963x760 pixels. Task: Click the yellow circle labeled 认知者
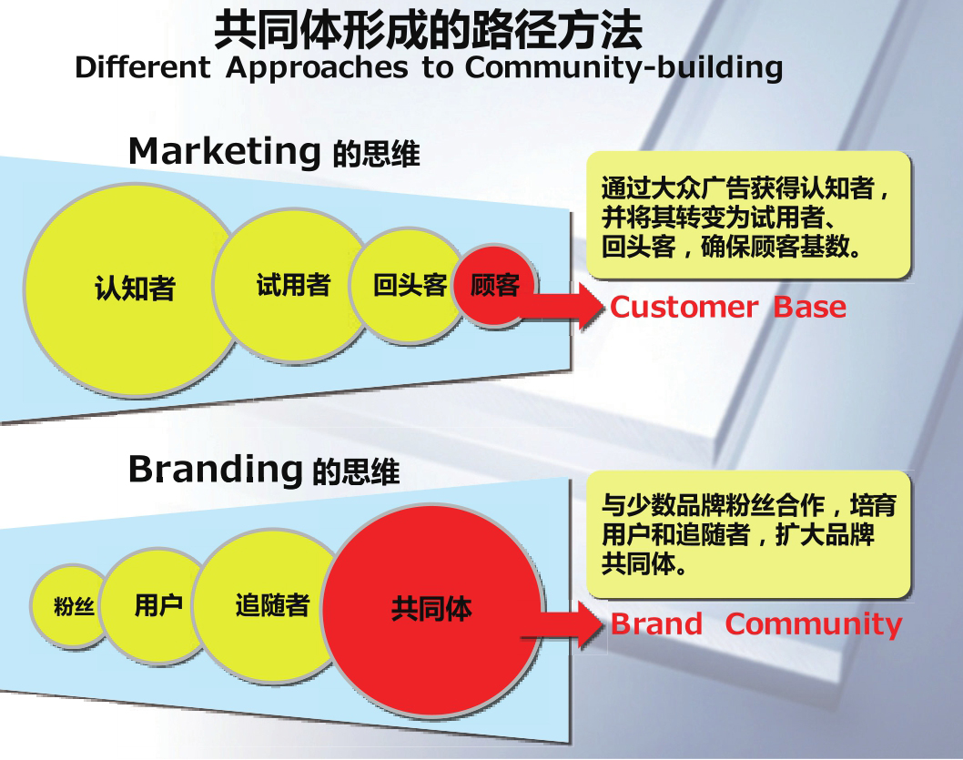[x=132, y=289]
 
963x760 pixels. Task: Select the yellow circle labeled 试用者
[x=289, y=285]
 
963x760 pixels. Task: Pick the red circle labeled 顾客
[x=494, y=285]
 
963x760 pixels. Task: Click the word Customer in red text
[x=684, y=308]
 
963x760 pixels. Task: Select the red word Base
[x=809, y=308]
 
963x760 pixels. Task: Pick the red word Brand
[x=656, y=624]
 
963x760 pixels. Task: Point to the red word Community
[x=813, y=624]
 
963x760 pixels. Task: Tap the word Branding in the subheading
[x=215, y=469]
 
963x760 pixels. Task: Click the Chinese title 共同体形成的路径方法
[x=428, y=29]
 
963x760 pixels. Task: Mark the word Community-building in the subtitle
[x=623, y=68]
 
